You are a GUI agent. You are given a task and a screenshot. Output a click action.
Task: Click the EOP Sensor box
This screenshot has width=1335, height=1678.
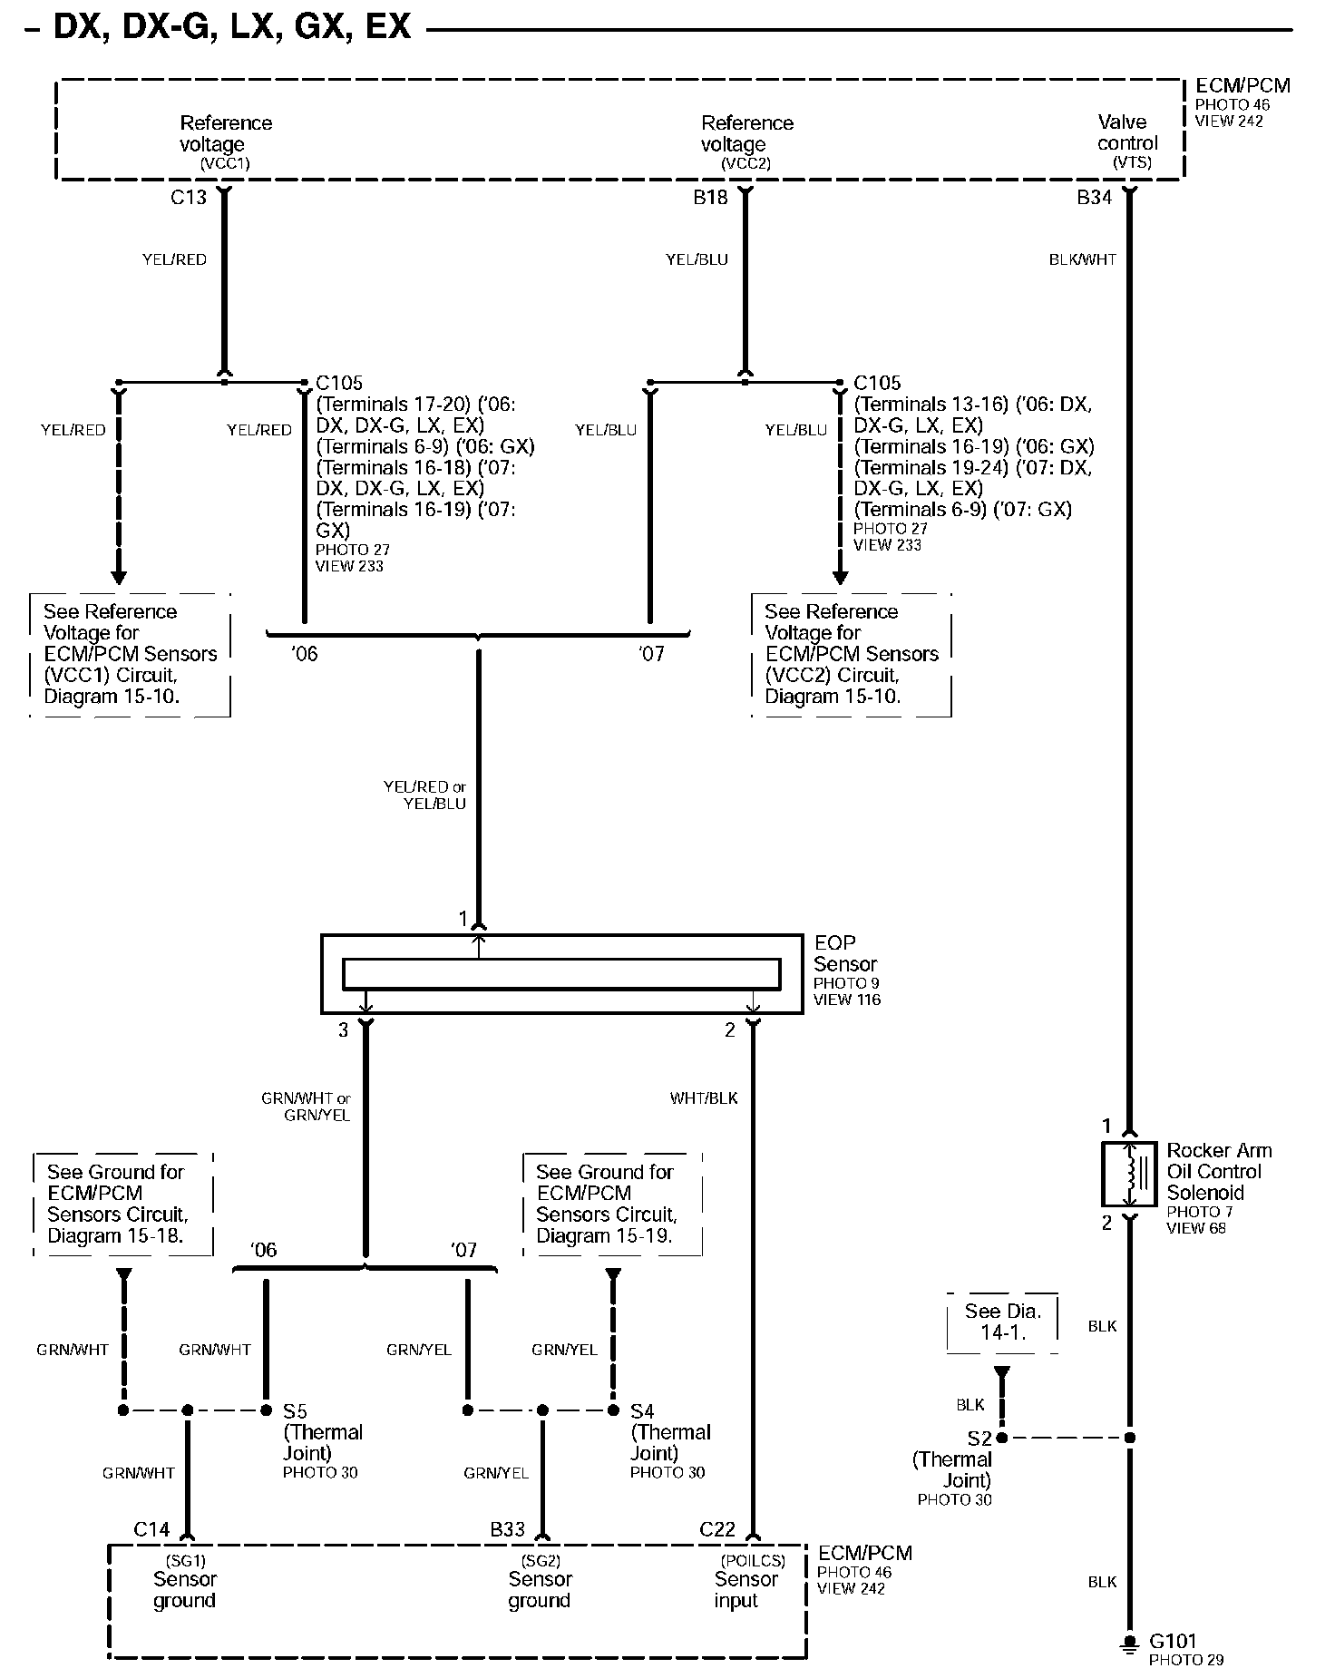[x=561, y=973]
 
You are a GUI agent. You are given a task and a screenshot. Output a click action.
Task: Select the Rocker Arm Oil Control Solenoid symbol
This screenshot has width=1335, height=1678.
[x=1129, y=1175]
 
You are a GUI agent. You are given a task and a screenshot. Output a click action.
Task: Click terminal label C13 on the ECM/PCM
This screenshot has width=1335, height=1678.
[x=189, y=197]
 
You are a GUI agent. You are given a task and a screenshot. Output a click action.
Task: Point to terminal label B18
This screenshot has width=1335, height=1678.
[x=710, y=197]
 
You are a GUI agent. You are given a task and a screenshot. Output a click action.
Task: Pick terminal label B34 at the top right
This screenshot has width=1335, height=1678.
[x=1094, y=197]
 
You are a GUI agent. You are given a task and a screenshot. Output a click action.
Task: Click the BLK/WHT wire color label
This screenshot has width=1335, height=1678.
[x=1082, y=259]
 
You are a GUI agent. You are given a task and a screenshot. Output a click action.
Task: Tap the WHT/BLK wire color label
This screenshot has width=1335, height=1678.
[x=704, y=1098]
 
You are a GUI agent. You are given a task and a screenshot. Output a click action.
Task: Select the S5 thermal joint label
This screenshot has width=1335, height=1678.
[x=296, y=1411]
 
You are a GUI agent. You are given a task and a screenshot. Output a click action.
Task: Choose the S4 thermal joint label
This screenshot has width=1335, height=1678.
[x=642, y=1411]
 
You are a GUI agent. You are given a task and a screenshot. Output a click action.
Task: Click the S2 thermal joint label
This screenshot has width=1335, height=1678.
[x=979, y=1439]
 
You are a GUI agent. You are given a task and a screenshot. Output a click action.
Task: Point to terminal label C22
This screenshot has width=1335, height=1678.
[x=716, y=1530]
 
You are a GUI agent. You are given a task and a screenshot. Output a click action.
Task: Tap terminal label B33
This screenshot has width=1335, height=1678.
[x=507, y=1530]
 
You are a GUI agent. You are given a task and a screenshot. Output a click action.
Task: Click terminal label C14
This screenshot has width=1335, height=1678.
[x=151, y=1530]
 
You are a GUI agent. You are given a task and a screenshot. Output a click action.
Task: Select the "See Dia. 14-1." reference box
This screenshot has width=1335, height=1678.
[x=1002, y=1322]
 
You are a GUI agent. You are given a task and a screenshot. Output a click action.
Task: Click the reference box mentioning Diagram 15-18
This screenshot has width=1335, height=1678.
[x=123, y=1204]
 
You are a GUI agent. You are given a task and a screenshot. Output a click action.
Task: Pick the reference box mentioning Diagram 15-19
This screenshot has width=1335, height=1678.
[x=612, y=1204]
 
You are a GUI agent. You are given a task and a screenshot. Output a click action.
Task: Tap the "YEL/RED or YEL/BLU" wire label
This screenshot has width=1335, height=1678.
[x=424, y=795]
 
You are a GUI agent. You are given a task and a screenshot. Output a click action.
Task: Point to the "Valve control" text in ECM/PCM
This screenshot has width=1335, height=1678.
[x=1127, y=133]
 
